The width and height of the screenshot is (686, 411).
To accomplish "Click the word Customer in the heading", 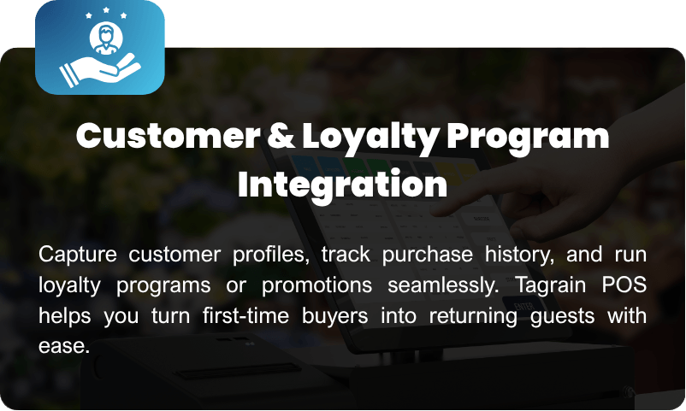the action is pos(169,136).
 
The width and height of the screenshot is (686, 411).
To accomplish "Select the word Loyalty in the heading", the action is pos(370,138).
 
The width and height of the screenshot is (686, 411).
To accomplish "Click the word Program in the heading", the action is pos(528,138).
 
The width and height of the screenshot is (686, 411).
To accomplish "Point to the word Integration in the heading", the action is pos(342,185).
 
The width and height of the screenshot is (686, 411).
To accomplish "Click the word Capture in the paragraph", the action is pos(78,255).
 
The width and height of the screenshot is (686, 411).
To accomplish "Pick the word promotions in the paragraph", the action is pos(316,285).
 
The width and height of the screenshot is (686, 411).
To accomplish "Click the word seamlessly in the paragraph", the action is pos(442,285).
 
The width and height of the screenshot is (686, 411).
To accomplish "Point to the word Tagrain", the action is pos(551,285).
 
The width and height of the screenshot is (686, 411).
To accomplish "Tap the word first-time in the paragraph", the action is pos(245,315).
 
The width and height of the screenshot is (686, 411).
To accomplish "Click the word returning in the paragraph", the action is pos(473,316).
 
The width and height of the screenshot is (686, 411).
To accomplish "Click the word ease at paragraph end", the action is pos(64,347).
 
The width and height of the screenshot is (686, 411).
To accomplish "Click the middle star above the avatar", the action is pos(106,10).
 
